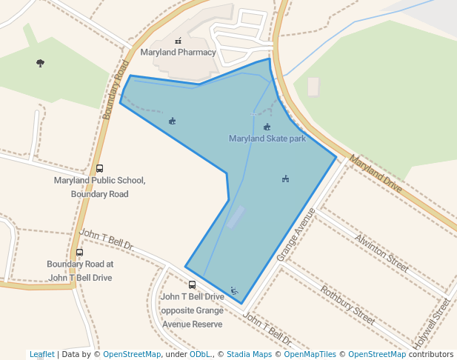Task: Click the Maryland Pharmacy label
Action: [179, 53]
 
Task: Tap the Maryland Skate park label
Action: [267, 139]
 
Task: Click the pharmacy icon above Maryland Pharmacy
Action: [178, 41]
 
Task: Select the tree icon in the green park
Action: [40, 63]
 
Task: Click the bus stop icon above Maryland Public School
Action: [100, 168]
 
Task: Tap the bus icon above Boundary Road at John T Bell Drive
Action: [79, 252]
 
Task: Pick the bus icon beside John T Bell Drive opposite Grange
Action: [193, 284]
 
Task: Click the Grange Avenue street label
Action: [296, 234]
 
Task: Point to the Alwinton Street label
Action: [381, 252]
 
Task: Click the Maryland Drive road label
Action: [376, 174]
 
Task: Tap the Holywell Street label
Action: [433, 324]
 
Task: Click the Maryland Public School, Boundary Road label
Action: [100, 187]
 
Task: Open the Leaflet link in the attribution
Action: [41, 354]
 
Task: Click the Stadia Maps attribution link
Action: [249, 354]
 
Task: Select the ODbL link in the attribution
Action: [200, 354]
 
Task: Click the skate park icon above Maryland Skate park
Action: [267, 127]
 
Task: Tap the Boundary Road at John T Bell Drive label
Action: [79, 270]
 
